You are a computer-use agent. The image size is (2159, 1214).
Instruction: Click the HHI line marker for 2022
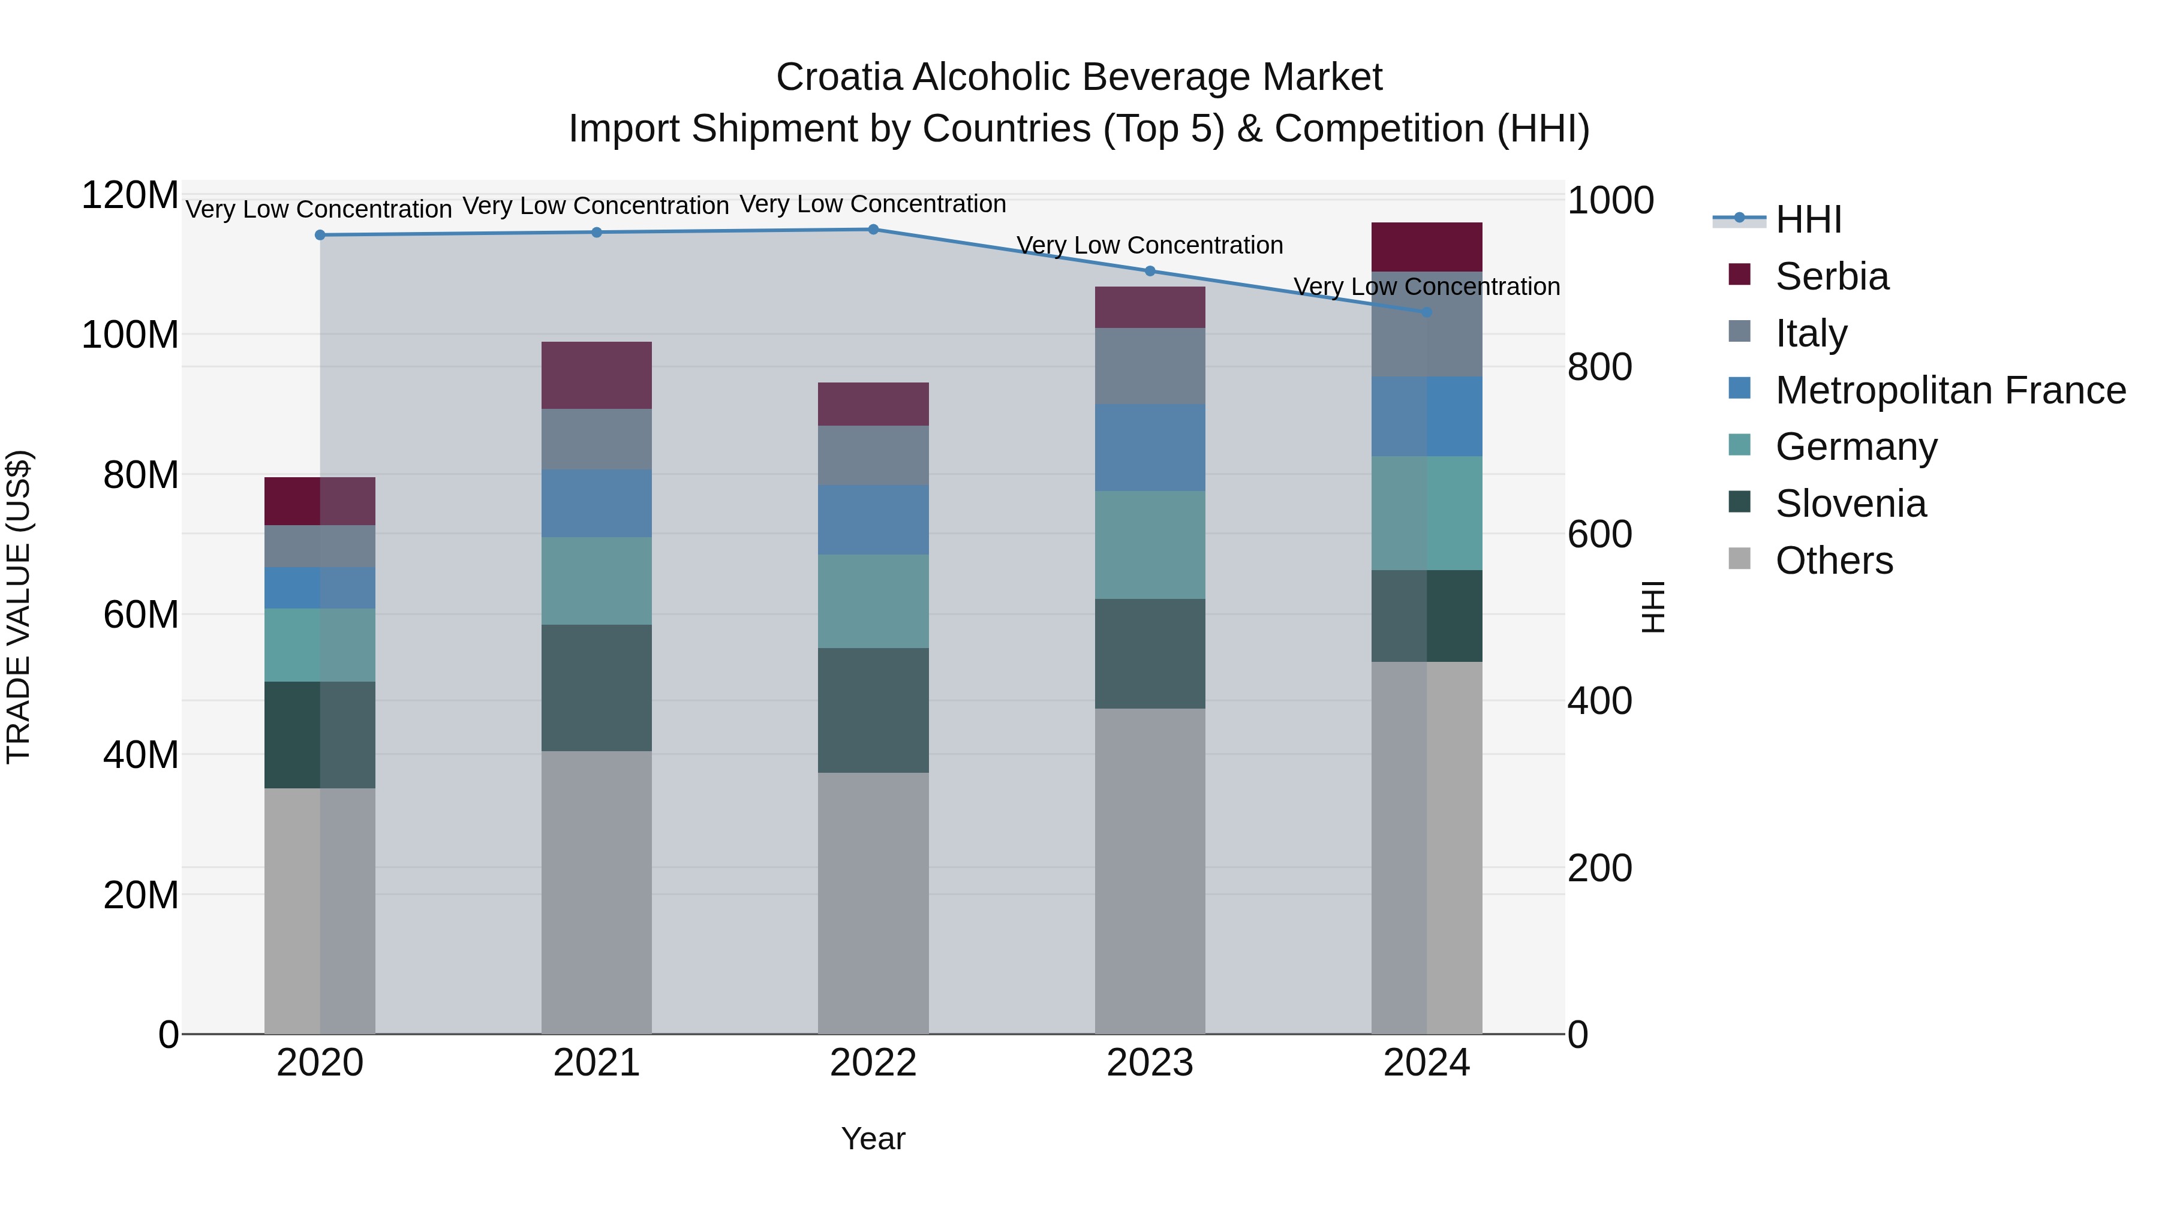(873, 229)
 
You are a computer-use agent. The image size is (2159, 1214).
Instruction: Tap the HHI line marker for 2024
(1427, 312)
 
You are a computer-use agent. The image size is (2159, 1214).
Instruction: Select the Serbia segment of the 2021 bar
(596, 375)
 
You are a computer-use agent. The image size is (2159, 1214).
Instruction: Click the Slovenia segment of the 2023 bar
(1149, 653)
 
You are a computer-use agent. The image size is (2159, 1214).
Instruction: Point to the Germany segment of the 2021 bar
(596, 580)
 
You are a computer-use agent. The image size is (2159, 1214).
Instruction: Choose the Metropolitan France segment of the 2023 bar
(1149, 447)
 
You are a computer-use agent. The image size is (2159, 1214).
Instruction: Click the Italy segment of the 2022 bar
(873, 455)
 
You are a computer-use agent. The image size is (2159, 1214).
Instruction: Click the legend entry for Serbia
(1832, 276)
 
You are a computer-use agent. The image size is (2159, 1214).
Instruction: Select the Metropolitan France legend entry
(1950, 390)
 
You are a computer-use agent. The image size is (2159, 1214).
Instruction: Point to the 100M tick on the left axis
(130, 335)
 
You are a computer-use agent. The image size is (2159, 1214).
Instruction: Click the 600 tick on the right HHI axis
(1599, 535)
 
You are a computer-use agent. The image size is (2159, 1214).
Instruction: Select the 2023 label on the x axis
(1149, 1063)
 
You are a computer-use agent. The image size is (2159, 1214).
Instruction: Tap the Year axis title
(873, 1138)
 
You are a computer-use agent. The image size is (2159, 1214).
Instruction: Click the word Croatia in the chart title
(839, 77)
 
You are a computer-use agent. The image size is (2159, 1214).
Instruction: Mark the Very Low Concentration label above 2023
(1149, 245)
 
